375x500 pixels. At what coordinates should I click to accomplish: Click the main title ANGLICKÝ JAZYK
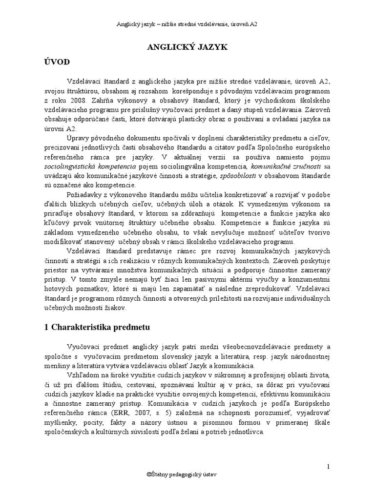tap(187, 46)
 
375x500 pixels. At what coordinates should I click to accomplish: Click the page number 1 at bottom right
tap(329, 467)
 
